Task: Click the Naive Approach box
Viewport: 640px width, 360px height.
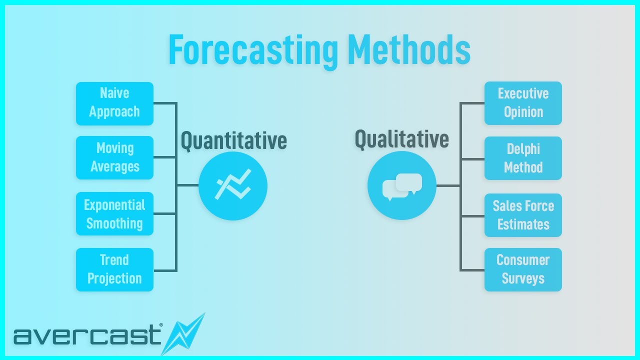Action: (114, 103)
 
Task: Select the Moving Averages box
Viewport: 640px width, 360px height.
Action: (114, 157)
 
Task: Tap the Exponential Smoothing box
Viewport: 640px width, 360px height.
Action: (114, 214)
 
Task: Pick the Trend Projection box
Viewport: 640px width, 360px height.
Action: (114, 269)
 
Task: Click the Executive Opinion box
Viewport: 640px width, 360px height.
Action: (523, 103)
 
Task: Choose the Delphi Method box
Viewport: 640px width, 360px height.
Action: (523, 158)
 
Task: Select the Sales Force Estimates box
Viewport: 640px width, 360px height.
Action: (523, 215)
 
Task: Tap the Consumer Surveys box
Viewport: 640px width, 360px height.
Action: (523, 269)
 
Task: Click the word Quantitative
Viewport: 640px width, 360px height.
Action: (233, 141)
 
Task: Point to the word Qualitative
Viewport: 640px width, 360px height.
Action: (401, 139)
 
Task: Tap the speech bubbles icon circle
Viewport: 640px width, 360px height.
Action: (401, 186)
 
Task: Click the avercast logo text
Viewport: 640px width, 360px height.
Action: (87, 335)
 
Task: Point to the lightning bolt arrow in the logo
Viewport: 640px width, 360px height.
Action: (185, 333)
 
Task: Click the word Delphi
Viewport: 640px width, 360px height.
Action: (523, 149)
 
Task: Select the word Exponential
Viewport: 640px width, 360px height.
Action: (114, 205)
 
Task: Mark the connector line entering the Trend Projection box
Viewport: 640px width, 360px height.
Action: (164, 270)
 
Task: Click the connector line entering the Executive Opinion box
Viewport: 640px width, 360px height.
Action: (472, 103)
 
